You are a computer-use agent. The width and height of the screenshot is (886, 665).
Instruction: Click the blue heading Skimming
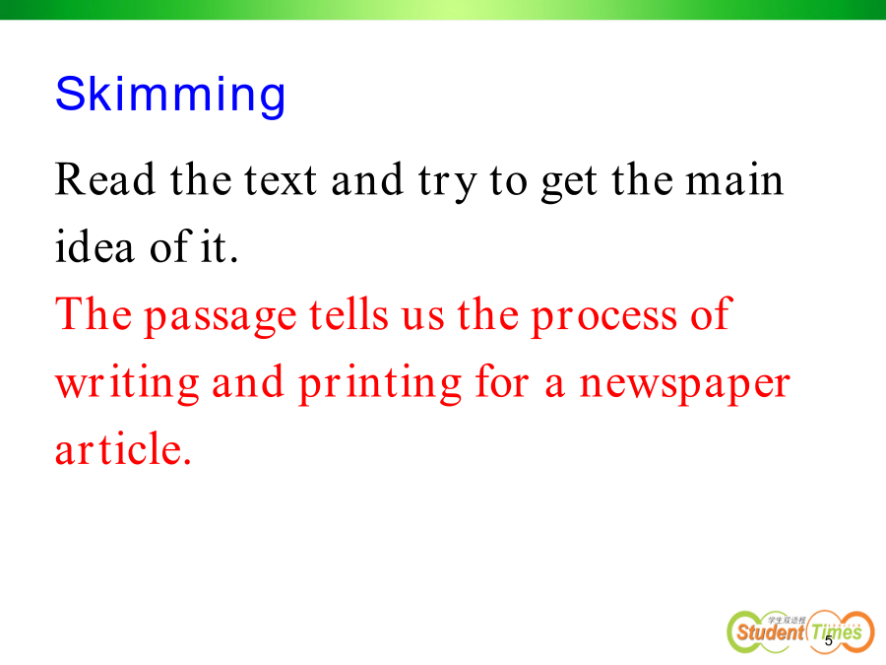(170, 95)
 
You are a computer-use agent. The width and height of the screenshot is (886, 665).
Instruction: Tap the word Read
(105, 179)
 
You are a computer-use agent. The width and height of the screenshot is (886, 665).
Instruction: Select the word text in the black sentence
(280, 180)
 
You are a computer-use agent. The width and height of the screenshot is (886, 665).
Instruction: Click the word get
(568, 183)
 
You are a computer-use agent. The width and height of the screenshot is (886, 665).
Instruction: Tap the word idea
(95, 246)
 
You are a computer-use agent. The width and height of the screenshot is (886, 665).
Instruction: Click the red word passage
(221, 316)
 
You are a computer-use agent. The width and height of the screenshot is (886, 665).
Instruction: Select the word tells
(348, 313)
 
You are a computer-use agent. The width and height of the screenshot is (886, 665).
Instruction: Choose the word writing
(127, 384)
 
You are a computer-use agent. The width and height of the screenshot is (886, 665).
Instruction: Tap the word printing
(380, 384)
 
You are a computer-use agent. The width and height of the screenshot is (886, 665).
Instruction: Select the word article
(123, 448)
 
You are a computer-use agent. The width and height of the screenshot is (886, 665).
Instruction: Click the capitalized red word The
(94, 313)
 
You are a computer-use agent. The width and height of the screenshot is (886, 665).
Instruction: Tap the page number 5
(829, 640)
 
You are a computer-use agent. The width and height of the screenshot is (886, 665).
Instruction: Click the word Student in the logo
(770, 632)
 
